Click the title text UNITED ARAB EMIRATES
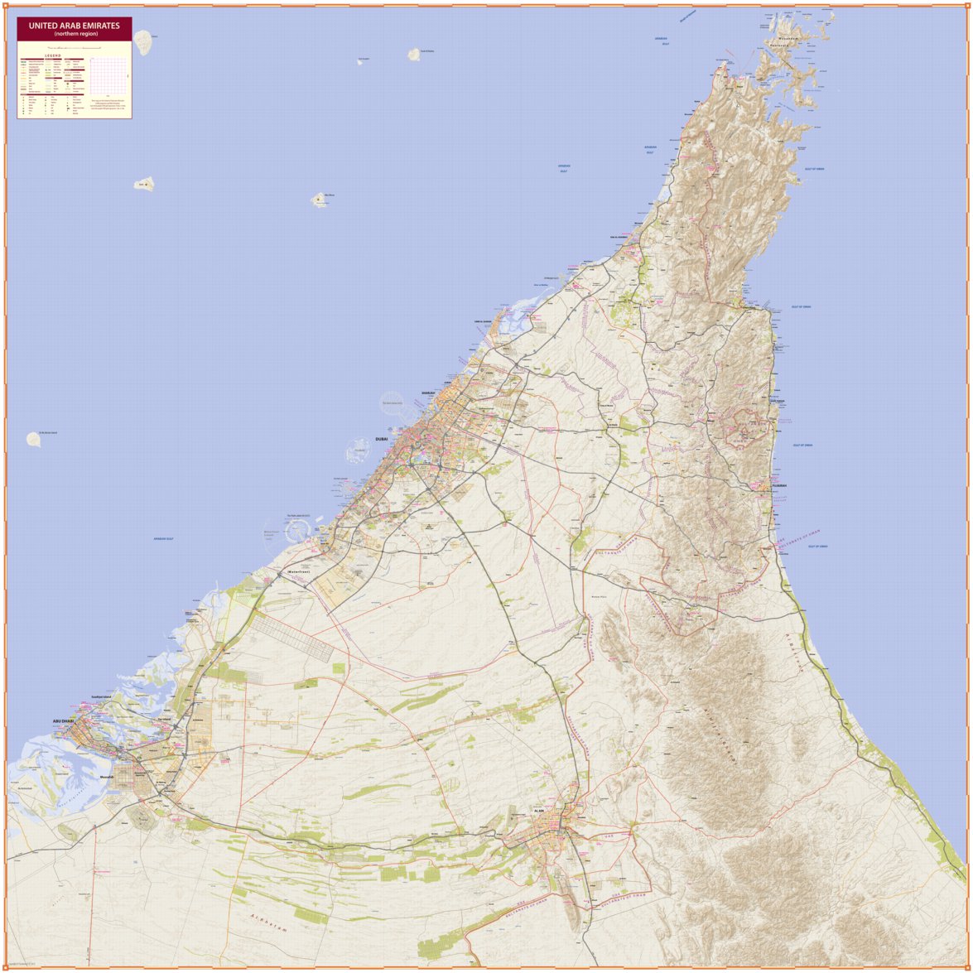[x=75, y=26]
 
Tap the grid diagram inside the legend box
[x=109, y=75]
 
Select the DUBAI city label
[x=382, y=439]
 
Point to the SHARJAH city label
[x=428, y=394]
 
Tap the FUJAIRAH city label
[x=779, y=486]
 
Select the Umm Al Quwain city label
[x=483, y=321]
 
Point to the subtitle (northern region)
[x=75, y=34]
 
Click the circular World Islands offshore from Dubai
[x=392, y=404]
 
